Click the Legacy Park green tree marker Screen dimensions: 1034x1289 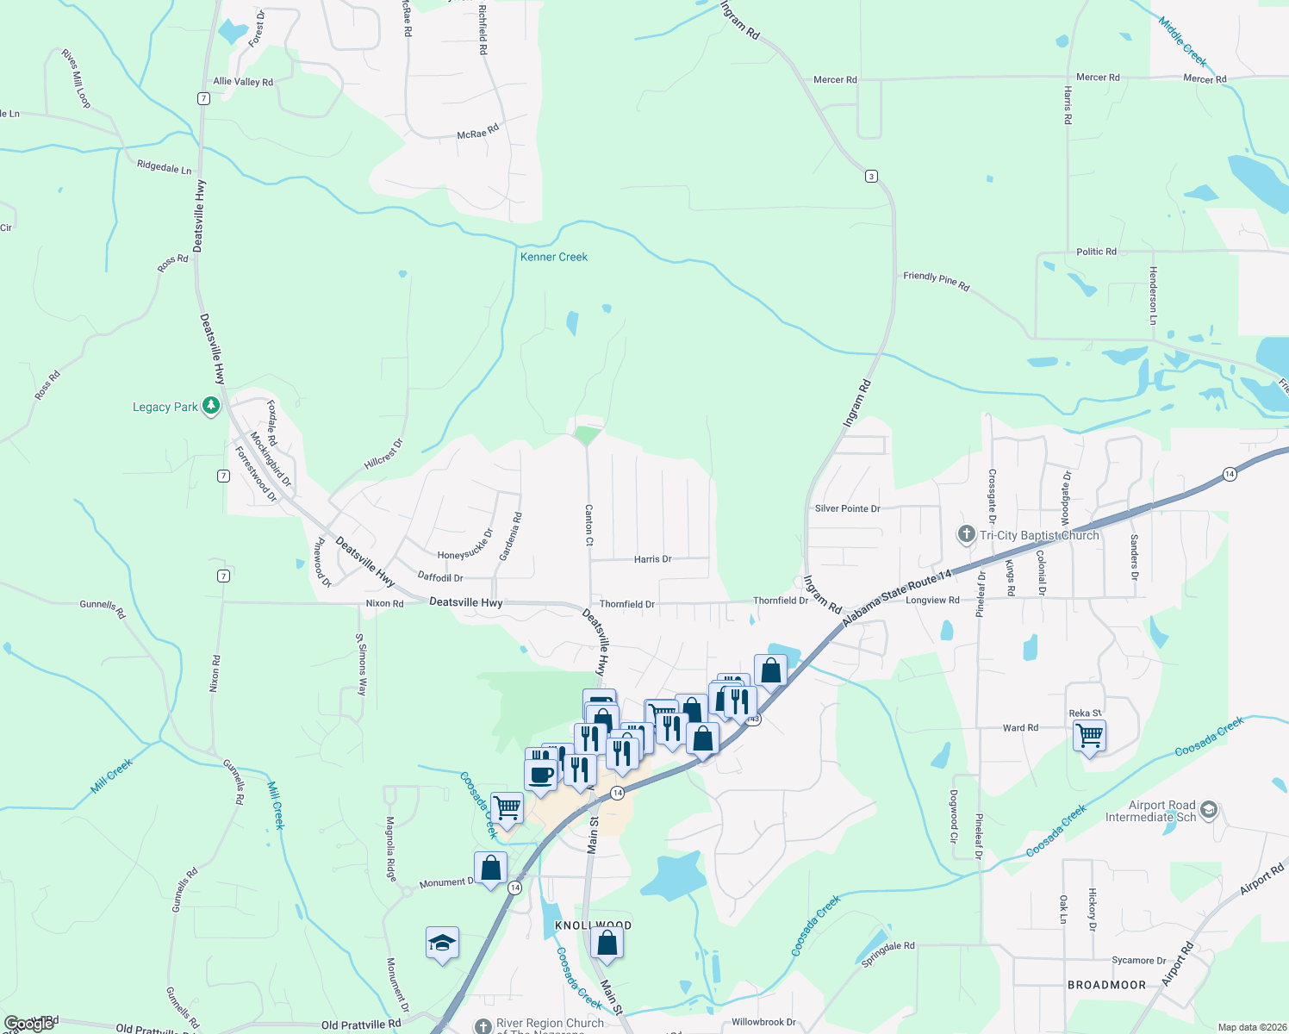211,406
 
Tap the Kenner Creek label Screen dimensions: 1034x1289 553,257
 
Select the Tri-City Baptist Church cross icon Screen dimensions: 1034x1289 966,535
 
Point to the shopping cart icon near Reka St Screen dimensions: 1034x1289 1090,736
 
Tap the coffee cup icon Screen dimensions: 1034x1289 541,774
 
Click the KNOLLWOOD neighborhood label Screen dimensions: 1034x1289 593,925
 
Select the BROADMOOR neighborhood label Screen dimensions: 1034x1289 1106,985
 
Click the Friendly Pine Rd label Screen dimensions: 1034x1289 936,281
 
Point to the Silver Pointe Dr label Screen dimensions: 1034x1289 847,508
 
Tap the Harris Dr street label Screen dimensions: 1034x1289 652,559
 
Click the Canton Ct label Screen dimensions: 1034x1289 589,525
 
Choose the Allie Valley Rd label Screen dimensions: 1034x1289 243,82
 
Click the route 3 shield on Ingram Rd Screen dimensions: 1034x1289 871,177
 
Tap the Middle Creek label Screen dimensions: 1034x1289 1182,41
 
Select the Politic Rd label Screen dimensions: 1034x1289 1096,252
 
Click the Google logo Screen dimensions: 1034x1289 29,1024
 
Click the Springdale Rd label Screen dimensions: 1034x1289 887,953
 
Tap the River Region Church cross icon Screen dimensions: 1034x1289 483,1025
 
